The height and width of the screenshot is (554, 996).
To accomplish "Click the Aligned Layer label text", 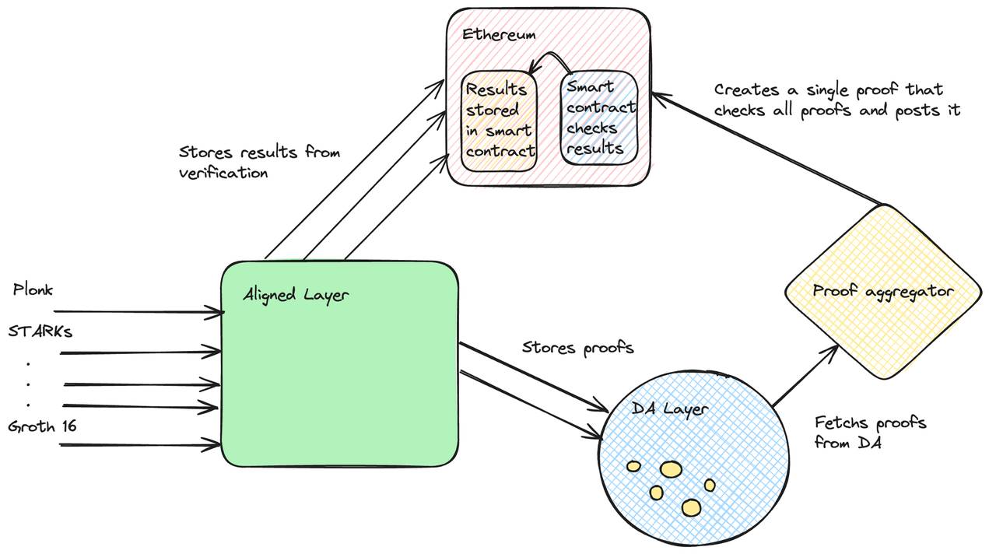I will click(x=296, y=295).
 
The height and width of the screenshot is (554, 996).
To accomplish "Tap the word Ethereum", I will click(x=499, y=34).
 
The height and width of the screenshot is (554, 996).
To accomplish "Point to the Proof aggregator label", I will click(x=882, y=291).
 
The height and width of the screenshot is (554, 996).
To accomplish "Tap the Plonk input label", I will click(x=33, y=290).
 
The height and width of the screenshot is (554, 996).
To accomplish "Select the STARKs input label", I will click(x=40, y=331).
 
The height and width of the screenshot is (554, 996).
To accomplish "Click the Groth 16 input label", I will click(x=42, y=426).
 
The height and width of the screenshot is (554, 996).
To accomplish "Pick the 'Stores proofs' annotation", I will click(x=577, y=347).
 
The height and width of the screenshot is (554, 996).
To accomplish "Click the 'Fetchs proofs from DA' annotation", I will click(x=870, y=433).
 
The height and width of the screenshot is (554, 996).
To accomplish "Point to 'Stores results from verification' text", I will click(x=259, y=162).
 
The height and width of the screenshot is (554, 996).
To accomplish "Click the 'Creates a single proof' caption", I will click(x=836, y=100).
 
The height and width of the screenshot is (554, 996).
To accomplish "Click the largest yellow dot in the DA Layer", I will click(x=671, y=469).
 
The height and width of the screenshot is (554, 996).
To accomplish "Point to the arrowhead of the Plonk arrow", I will click(x=218, y=312).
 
